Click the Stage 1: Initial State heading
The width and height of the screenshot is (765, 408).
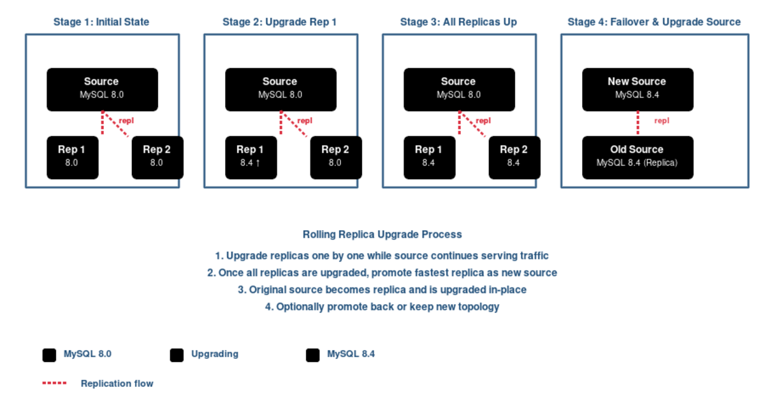pyautogui.click(x=101, y=22)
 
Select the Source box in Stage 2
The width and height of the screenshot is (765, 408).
pyautogui.click(x=280, y=89)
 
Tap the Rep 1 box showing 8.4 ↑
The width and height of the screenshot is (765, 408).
pyautogui.click(x=251, y=157)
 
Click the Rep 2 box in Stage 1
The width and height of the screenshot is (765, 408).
pyautogui.click(x=157, y=157)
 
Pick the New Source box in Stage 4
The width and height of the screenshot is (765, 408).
pyautogui.click(x=637, y=89)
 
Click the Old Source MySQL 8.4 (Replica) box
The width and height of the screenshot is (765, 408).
pyautogui.click(x=637, y=157)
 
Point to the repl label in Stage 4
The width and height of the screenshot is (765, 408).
pyautogui.click(x=662, y=120)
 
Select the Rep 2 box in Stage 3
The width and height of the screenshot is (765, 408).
pyautogui.click(x=514, y=157)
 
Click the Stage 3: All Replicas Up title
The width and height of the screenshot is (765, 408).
pyautogui.click(x=458, y=22)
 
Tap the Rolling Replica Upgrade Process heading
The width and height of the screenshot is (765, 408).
pyautogui.click(x=382, y=235)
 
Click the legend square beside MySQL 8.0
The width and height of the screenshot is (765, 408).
pyautogui.click(x=49, y=355)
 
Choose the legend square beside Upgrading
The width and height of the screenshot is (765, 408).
pyautogui.click(x=177, y=355)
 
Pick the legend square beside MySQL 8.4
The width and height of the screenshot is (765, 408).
pyautogui.click(x=312, y=355)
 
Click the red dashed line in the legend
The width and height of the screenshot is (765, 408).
pyautogui.click(x=54, y=384)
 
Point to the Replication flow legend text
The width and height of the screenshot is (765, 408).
pyautogui.click(x=117, y=384)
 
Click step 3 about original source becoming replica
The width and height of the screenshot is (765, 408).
pyautogui.click(x=382, y=289)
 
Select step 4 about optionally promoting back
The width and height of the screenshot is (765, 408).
pyautogui.click(x=382, y=307)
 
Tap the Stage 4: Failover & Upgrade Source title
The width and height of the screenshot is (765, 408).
pyautogui.click(x=654, y=22)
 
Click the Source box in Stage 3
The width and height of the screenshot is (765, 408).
pyautogui.click(x=458, y=89)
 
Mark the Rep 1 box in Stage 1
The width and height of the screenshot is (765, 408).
pyautogui.click(x=72, y=157)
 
